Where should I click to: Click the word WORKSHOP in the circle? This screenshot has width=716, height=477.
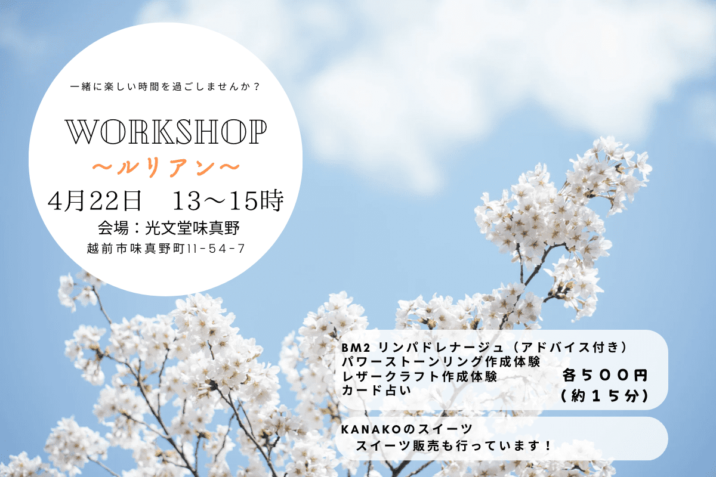tap(166, 132)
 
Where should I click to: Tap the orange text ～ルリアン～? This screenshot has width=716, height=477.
tap(166, 167)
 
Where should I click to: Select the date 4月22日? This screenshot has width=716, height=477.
tap(95, 201)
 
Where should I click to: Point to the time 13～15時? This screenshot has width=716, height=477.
tap(228, 201)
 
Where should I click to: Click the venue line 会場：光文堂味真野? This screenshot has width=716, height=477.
tap(169, 228)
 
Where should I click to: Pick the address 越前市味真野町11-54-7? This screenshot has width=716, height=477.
tap(166, 249)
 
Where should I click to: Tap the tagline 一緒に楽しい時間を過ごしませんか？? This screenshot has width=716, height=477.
tap(165, 86)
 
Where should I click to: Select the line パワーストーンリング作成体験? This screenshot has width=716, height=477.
tap(441, 362)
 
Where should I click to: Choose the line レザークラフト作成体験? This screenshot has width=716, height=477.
tap(419, 377)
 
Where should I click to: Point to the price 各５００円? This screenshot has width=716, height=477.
tap(605, 376)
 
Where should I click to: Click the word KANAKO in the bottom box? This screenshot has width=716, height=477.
tap(371, 430)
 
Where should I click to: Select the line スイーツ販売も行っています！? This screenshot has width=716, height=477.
tap(454, 446)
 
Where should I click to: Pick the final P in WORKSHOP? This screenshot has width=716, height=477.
tap(258, 132)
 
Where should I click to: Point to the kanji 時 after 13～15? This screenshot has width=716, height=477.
tap(272, 201)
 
